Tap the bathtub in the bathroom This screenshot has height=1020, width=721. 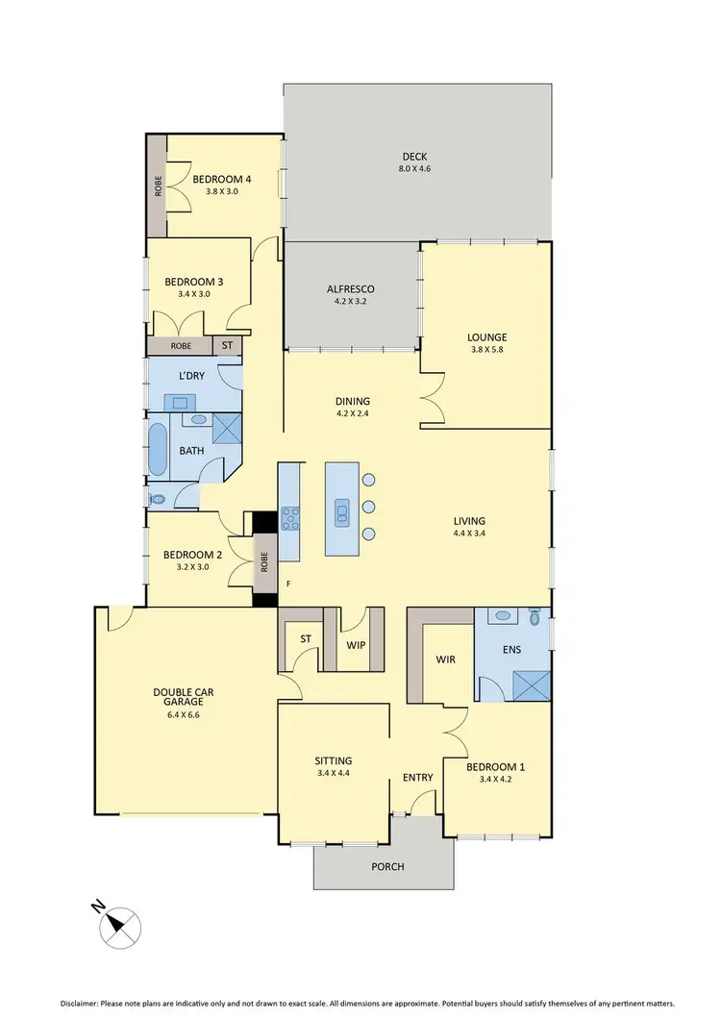click(158, 449)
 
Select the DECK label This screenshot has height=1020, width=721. click(414, 157)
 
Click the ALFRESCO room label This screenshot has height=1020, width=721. click(350, 288)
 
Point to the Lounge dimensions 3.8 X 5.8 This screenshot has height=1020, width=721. click(486, 352)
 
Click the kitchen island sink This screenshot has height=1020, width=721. click(341, 512)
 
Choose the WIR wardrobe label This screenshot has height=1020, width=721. click(445, 660)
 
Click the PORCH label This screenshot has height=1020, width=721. click(388, 866)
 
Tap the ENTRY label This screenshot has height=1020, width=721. click(417, 778)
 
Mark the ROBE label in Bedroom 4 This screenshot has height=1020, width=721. click(158, 186)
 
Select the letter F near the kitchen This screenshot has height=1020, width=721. click(286, 584)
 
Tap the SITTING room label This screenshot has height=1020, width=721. click(334, 759)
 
